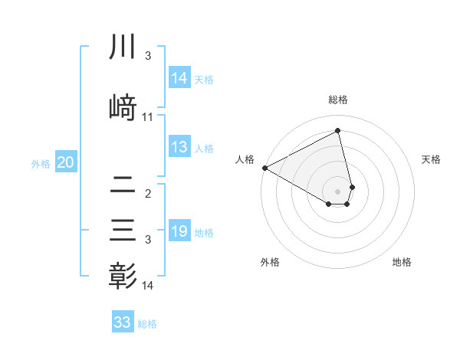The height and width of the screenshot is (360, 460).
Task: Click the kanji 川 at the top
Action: tap(123, 47)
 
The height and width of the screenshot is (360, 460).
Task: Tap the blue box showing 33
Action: tap(123, 322)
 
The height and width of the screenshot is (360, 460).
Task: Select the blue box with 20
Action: tap(66, 162)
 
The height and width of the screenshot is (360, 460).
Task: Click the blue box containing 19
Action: tap(179, 231)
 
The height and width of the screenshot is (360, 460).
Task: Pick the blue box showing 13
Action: tap(179, 148)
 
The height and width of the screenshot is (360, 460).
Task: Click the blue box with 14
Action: tap(179, 78)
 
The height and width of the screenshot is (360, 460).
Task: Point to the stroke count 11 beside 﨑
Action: tap(148, 117)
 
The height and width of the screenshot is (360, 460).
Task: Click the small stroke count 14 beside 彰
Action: tap(148, 286)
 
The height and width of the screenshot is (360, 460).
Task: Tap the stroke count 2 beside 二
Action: tap(148, 195)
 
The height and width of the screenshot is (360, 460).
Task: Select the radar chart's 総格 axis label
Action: tap(337, 100)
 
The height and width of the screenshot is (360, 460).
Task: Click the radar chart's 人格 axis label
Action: tap(245, 159)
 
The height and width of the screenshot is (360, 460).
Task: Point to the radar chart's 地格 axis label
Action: tap(402, 262)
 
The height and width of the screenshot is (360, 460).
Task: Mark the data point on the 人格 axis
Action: tap(264, 168)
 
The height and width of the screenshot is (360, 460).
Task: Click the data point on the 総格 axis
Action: tap(337, 131)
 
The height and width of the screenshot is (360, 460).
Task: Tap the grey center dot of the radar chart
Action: tap(337, 191)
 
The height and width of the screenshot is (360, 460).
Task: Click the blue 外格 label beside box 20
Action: tap(41, 163)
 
